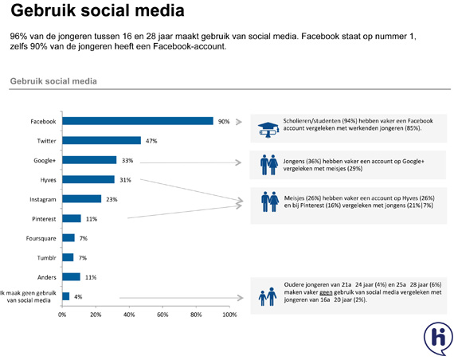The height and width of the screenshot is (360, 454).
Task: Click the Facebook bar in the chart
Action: click(138, 121)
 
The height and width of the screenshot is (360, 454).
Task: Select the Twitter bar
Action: click(102, 140)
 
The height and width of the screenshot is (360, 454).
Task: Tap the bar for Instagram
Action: click(82, 199)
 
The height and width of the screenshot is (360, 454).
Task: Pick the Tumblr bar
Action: click(68, 257)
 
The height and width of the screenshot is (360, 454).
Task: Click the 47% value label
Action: click(151, 141)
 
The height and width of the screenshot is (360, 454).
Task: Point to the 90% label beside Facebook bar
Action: click(224, 122)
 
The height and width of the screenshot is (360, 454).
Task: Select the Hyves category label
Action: click(48, 180)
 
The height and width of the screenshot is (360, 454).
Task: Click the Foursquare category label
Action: click(41, 238)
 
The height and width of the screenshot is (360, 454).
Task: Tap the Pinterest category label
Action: click(44, 219)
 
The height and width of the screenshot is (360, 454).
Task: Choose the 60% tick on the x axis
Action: click(162, 315)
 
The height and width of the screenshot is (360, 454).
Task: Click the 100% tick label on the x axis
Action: click(229, 315)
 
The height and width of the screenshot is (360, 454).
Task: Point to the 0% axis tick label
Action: click(62, 315)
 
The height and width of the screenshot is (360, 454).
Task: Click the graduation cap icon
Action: click(268, 130)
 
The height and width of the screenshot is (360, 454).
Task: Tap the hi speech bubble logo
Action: click(438, 338)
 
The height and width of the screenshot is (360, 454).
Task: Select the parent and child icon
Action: click(268, 296)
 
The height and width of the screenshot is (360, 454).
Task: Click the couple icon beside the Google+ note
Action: click(269, 165)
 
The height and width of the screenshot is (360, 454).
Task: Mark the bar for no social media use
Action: click(66, 296)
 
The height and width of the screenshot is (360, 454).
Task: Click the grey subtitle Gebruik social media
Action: click(53, 81)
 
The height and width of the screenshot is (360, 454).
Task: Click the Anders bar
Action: click(71, 277)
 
